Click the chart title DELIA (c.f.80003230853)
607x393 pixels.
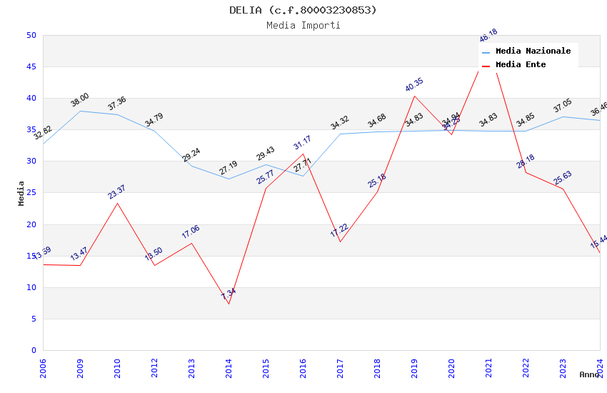303,10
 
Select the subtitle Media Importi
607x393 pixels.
303,25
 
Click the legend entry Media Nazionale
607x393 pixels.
533,51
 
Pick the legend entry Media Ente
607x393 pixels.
520,64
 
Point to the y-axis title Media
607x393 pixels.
21,193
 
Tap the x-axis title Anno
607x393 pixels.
589,374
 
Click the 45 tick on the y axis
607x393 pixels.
31,66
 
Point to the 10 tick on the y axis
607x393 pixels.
31,287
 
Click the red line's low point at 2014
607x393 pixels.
229,304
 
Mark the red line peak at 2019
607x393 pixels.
414,96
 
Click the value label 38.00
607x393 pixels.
79,100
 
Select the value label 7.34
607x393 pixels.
229,294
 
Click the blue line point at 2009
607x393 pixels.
80,111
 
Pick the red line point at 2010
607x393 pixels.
117,203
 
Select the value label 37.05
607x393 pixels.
563,106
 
